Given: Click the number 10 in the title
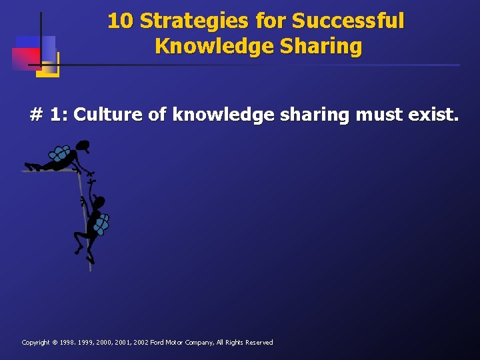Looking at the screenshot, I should pyautogui.click(x=120, y=21).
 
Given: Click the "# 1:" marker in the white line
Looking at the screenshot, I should pyautogui.click(x=49, y=115).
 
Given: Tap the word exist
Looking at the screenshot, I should pyautogui.click(x=433, y=115).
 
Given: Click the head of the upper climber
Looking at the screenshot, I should pyautogui.click(x=83, y=145).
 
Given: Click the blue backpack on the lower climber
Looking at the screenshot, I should pyautogui.click(x=101, y=224).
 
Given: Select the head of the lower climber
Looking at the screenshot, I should pyautogui.click(x=99, y=201).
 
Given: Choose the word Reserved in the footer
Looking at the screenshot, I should pyautogui.click(x=259, y=343).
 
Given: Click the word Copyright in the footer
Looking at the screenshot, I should pyautogui.click(x=37, y=343).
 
